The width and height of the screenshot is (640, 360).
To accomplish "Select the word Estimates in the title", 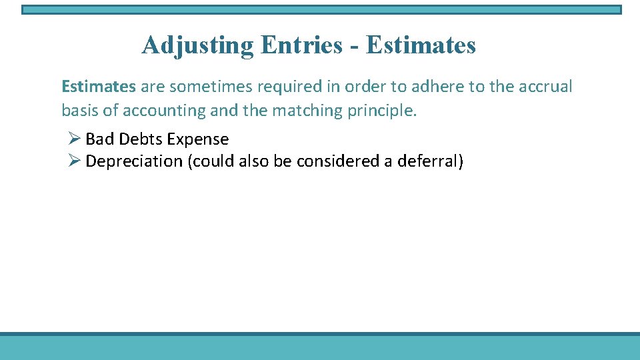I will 421,45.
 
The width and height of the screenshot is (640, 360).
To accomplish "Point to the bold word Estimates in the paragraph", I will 99,87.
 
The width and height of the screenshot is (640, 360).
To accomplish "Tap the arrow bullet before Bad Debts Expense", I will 74,139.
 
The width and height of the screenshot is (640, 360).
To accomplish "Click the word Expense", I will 198,140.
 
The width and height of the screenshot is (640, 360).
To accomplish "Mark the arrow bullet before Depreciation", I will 74,161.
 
